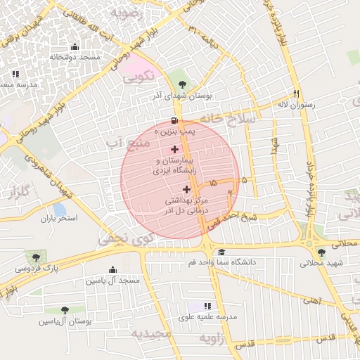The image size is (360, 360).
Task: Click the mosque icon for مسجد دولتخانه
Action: click(75, 46)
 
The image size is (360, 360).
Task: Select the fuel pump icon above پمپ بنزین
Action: click(174, 120)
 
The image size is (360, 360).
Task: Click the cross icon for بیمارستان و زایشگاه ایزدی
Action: click(174, 149)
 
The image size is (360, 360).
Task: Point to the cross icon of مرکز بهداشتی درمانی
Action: click(186, 189)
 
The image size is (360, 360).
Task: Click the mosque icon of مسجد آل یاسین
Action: click(112, 270)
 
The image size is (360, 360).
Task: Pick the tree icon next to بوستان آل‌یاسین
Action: click(65, 309)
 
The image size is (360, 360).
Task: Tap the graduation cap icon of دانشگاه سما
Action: click(221, 252)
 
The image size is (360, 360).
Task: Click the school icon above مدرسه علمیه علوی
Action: click(207, 306)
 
